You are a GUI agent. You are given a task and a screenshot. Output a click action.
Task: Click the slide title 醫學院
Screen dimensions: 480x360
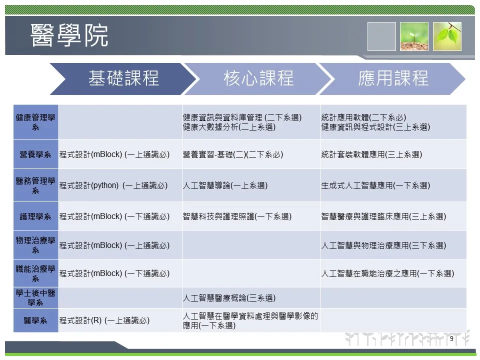[x=69, y=35]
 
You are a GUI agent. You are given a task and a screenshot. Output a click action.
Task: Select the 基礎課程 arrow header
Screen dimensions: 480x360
[x=122, y=78]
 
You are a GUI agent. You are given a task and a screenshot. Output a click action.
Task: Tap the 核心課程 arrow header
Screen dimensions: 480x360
[x=258, y=78]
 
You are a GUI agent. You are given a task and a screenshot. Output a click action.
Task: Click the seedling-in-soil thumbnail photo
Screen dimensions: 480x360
[x=414, y=36]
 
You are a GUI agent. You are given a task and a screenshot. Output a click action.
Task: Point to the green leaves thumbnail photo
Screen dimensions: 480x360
[x=447, y=36]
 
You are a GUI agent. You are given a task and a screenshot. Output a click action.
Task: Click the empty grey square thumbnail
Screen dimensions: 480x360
[x=381, y=36]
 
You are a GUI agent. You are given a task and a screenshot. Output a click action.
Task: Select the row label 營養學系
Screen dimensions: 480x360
[x=35, y=154]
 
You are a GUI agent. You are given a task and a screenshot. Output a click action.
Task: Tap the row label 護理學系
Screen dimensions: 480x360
[x=35, y=216]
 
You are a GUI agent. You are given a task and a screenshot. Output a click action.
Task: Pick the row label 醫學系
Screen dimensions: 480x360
[x=35, y=320]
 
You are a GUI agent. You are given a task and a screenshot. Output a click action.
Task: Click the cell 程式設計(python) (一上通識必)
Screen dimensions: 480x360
[x=113, y=185]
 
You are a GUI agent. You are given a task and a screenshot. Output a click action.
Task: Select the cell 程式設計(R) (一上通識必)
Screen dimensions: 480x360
[x=104, y=320]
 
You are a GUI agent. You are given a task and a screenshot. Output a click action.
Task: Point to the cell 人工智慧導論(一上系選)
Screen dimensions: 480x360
[x=225, y=185]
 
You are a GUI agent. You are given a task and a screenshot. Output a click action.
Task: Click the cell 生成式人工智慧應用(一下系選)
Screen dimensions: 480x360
[x=375, y=185]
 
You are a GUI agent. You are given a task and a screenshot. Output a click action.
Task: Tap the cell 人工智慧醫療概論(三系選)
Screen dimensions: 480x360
[x=229, y=298]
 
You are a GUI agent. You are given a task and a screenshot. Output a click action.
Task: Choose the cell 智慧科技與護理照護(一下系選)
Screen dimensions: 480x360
[x=237, y=216]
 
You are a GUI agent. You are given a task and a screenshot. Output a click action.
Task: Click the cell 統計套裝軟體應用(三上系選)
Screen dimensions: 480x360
[x=371, y=154]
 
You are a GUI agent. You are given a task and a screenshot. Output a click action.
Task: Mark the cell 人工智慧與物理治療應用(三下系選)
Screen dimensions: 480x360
[x=383, y=245]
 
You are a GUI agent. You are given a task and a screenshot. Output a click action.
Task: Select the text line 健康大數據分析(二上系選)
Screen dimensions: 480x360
[x=229, y=127]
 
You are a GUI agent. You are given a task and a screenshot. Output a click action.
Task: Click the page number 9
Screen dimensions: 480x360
[x=451, y=338]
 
